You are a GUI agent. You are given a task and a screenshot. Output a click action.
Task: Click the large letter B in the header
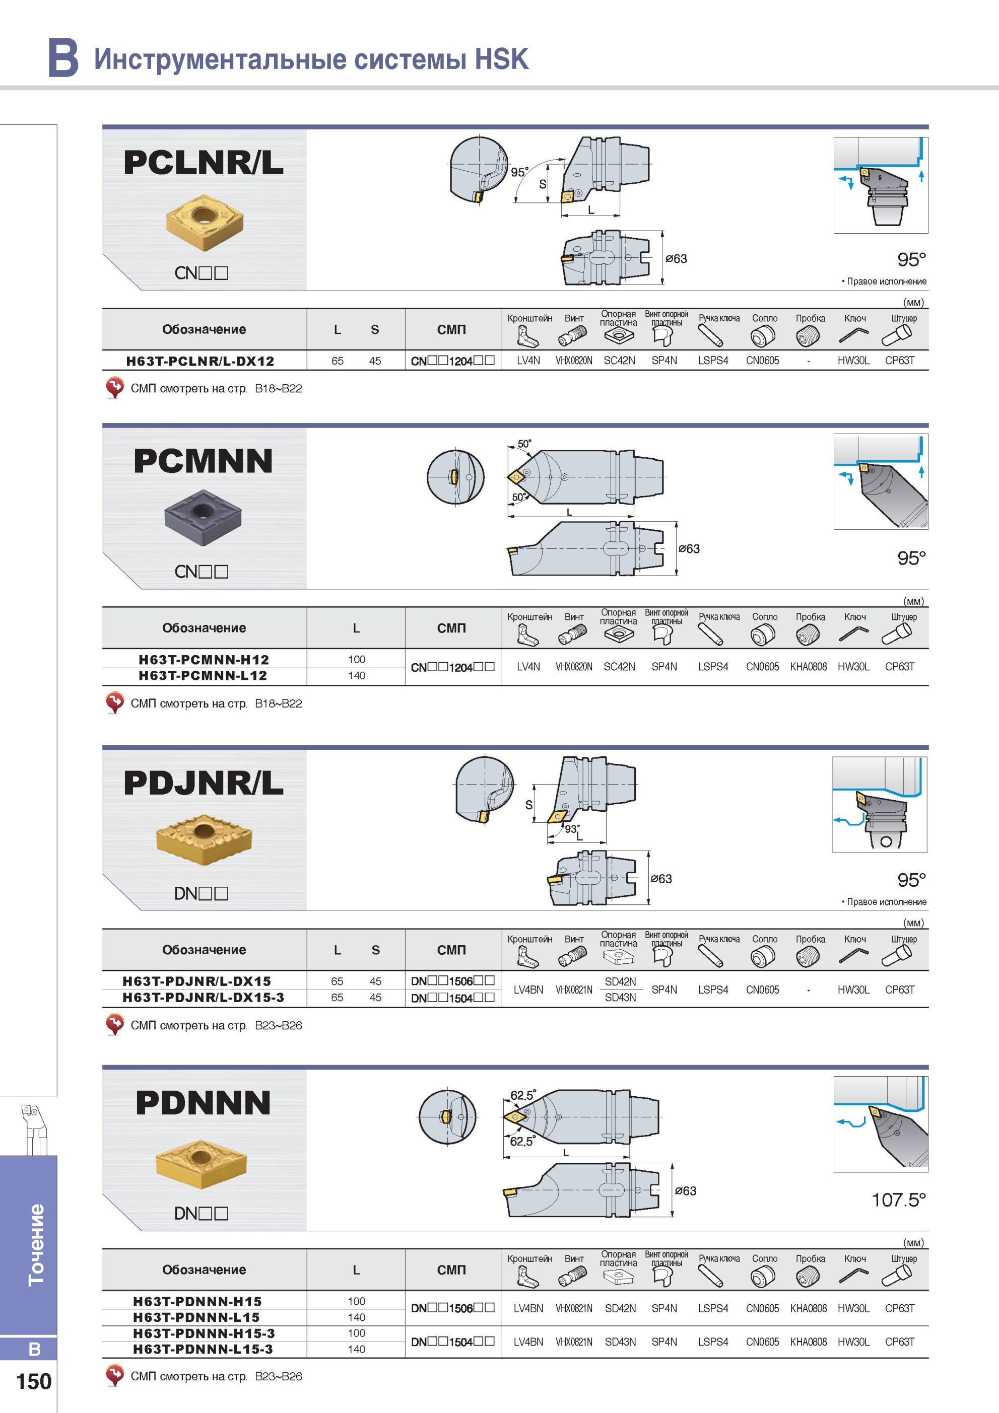63,57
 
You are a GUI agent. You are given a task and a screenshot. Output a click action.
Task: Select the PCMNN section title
203,461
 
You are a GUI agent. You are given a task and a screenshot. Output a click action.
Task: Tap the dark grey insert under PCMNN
203,518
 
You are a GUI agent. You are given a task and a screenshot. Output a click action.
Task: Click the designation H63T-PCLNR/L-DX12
200,361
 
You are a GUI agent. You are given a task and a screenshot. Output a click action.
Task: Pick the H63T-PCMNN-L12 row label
203,676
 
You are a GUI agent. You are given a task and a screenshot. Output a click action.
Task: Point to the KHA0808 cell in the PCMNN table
808,667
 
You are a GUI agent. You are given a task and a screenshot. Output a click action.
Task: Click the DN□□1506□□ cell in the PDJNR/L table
452,981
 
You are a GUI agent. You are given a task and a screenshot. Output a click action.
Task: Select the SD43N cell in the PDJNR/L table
620,998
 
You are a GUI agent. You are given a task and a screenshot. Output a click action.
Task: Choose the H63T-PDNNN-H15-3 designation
204,1333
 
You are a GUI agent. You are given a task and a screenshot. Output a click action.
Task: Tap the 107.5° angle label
899,1199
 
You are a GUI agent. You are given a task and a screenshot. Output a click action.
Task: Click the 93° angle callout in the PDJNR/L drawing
572,829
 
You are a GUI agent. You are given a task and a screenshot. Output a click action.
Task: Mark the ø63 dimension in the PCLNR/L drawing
676,258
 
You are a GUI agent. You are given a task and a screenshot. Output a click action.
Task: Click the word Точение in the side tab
36,1245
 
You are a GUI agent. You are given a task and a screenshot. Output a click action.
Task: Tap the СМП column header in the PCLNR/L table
451,330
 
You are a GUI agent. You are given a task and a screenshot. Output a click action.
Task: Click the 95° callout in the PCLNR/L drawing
519,172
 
